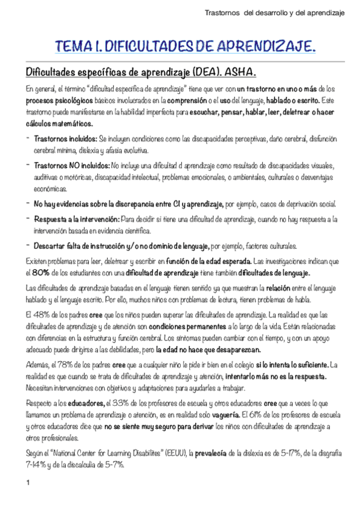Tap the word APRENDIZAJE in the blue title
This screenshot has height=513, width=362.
coord(264,47)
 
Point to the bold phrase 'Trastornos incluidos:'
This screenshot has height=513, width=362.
coord(65,139)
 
